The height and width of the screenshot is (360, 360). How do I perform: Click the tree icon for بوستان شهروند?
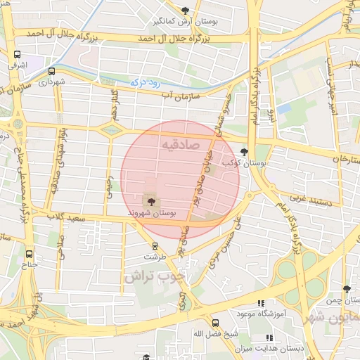tap(151, 202)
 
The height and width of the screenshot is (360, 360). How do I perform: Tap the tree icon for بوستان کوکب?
tap(244, 152)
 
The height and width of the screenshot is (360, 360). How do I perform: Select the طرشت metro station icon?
tap(155, 246)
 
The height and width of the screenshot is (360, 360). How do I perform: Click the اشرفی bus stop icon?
tap(17, 54)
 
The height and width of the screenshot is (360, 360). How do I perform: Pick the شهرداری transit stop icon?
tap(51, 71)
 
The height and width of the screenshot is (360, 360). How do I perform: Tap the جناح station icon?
tap(29, 254)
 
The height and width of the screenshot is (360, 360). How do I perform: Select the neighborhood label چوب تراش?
tap(155, 276)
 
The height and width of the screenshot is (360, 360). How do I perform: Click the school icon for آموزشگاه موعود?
tap(261, 303)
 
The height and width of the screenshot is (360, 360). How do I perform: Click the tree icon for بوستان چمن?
tap(346, 288)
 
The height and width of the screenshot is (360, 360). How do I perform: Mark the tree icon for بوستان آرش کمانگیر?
tap(185, 11)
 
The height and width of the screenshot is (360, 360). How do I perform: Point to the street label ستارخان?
tap(343, 159)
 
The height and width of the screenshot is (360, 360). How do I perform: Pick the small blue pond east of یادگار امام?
tap(283, 109)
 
